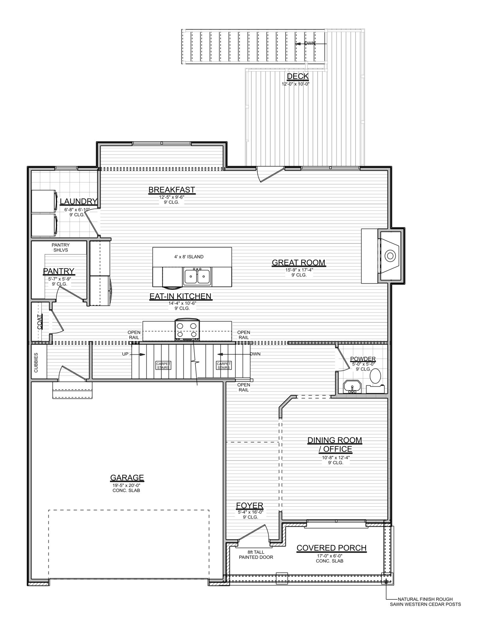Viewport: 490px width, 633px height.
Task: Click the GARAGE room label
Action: coord(127,477)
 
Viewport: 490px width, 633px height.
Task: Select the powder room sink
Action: coord(352,387)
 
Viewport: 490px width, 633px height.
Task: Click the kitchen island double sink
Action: coord(197,276)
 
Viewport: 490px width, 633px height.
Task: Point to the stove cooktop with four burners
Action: coord(187,329)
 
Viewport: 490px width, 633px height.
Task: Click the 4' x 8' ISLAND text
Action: coord(189,257)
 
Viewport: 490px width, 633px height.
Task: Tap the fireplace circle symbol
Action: coord(390,255)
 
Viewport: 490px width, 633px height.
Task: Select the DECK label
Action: coord(297,76)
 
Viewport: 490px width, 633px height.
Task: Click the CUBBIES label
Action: coord(36,362)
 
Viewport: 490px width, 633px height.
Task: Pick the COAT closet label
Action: coord(40,322)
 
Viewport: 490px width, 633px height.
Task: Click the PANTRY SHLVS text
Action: coord(61,248)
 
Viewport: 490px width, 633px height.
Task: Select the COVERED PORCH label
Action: coord(331,548)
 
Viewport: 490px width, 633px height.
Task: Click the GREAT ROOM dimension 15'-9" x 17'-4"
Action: coord(299,270)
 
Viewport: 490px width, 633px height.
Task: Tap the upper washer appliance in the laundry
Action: coord(44,201)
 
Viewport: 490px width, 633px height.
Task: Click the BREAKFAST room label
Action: coord(171,190)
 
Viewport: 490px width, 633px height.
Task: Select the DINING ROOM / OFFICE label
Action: coord(334,444)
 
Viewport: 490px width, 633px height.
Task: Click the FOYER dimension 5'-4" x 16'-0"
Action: coord(250,512)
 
